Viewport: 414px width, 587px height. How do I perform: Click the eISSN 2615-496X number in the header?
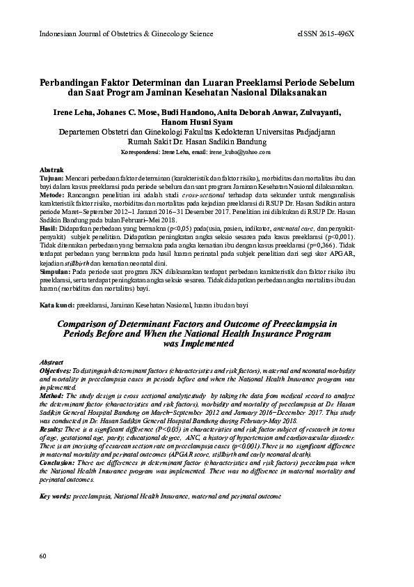click(x=345, y=33)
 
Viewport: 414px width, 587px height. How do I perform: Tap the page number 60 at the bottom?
click(x=44, y=555)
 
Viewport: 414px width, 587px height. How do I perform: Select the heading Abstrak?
click(x=53, y=170)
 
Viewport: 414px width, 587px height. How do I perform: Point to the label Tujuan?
click(x=51, y=178)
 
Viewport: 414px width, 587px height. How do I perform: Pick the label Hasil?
click(x=49, y=228)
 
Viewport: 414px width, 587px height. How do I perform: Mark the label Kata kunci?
click(x=57, y=306)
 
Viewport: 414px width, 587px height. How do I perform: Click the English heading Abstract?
click(x=52, y=363)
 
